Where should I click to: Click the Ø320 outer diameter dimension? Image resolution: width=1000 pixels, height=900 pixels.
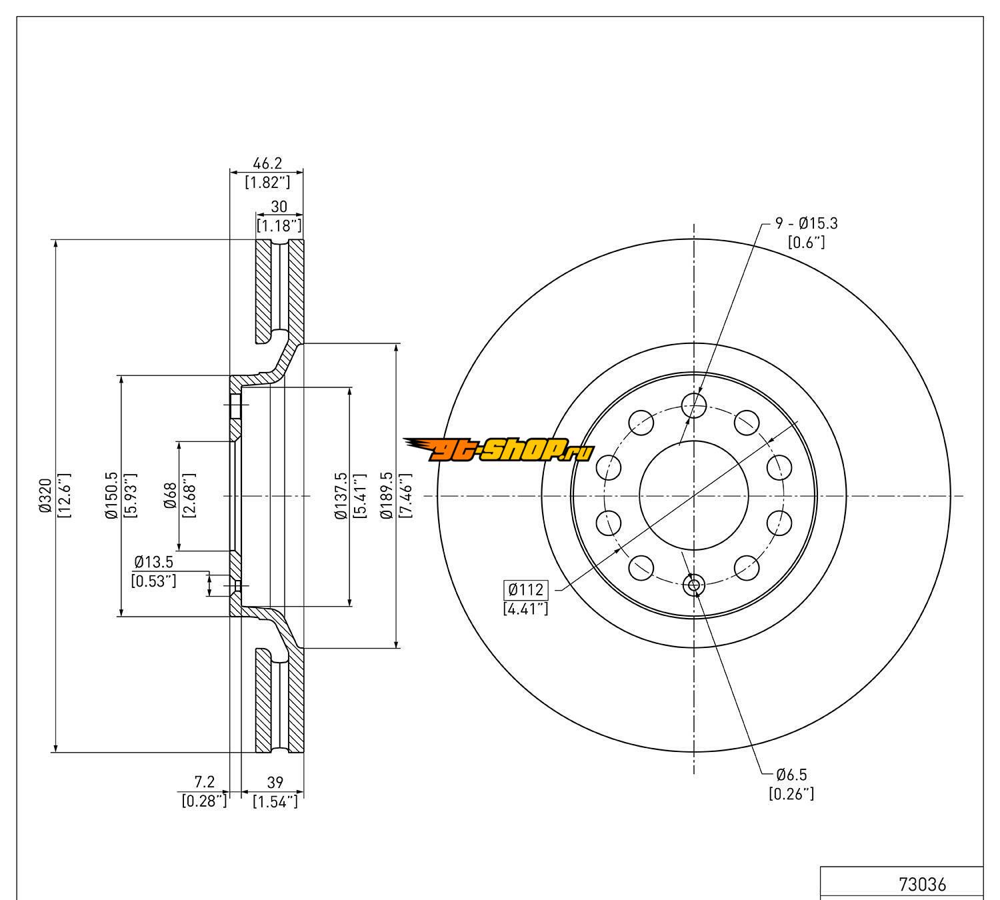45,495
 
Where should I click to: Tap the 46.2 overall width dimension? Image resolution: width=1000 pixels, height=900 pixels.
267,163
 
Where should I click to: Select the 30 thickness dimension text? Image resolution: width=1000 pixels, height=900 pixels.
279,207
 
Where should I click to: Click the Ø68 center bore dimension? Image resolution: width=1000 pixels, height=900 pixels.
169,495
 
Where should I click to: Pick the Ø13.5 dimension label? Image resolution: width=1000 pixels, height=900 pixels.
153,561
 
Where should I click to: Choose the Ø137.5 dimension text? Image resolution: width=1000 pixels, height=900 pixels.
341,495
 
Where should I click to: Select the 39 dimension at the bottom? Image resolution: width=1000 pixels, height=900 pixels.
275,782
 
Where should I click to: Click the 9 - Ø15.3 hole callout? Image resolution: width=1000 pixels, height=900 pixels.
806,224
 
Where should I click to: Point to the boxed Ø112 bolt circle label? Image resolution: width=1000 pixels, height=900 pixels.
527,589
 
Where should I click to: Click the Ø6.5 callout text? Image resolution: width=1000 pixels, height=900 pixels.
791,775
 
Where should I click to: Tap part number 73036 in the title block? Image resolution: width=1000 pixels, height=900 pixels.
922,885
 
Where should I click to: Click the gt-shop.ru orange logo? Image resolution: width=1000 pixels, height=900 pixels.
499,451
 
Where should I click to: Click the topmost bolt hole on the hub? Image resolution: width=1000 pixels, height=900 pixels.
694,403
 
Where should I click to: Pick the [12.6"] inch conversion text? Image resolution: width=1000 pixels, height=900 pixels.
64,495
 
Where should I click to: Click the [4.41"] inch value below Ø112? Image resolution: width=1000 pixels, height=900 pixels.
526,608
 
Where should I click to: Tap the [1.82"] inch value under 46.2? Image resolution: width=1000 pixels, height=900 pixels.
267,182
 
